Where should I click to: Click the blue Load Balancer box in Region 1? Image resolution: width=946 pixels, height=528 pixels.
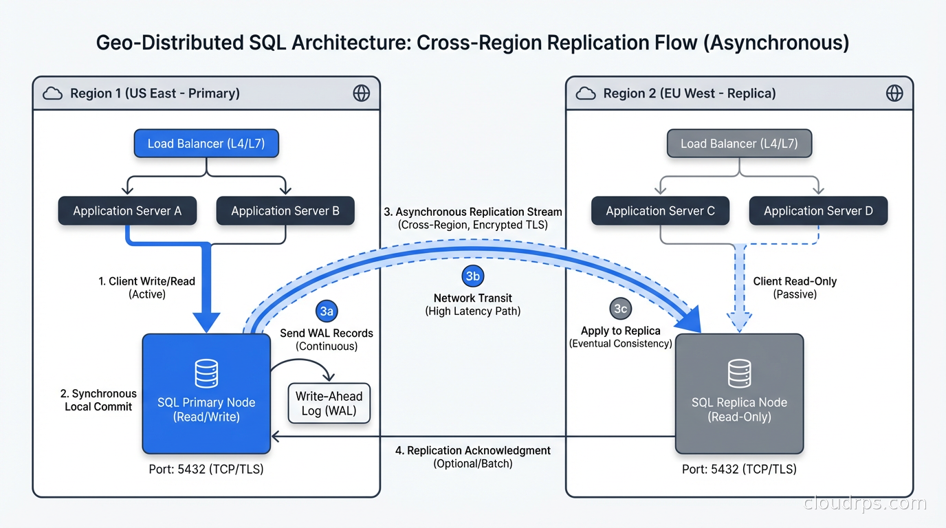[x=206, y=144]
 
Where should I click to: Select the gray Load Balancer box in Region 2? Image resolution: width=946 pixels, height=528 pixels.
[x=739, y=144]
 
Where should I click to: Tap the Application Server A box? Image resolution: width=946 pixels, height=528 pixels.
[x=127, y=211]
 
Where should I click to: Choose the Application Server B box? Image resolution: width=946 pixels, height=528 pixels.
[x=285, y=211]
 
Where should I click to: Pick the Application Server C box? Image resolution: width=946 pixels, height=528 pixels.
[x=660, y=211]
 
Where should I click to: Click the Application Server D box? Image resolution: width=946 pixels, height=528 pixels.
[x=818, y=211]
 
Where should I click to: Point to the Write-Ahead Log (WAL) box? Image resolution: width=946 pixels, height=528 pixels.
[x=329, y=403]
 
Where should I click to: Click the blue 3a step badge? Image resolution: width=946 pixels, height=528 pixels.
[x=327, y=311]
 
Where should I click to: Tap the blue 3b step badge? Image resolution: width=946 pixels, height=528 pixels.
[x=473, y=276]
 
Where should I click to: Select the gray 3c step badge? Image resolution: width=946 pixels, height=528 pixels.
[x=620, y=309]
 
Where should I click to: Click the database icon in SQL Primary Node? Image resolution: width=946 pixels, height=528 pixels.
[x=206, y=374]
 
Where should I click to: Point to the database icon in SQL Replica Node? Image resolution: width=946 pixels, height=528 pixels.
[x=739, y=374]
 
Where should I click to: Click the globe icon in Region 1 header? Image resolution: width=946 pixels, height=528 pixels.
[x=361, y=93]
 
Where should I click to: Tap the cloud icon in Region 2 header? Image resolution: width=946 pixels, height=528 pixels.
[x=586, y=93]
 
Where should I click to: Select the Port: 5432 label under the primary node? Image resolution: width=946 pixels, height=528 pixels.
[x=206, y=470]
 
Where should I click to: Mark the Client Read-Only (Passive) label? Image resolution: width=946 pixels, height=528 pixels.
[x=795, y=287]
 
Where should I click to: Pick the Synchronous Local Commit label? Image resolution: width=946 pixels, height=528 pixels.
[x=98, y=400]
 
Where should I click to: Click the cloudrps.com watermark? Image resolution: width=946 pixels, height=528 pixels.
[x=865, y=503]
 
